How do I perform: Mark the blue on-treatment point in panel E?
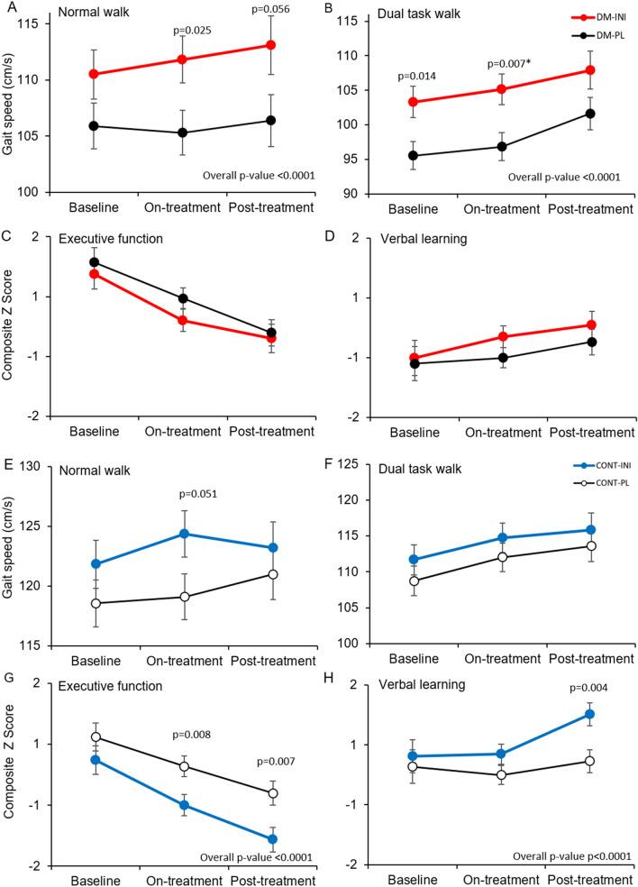point(184,534)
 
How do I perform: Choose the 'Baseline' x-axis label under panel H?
point(414,878)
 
